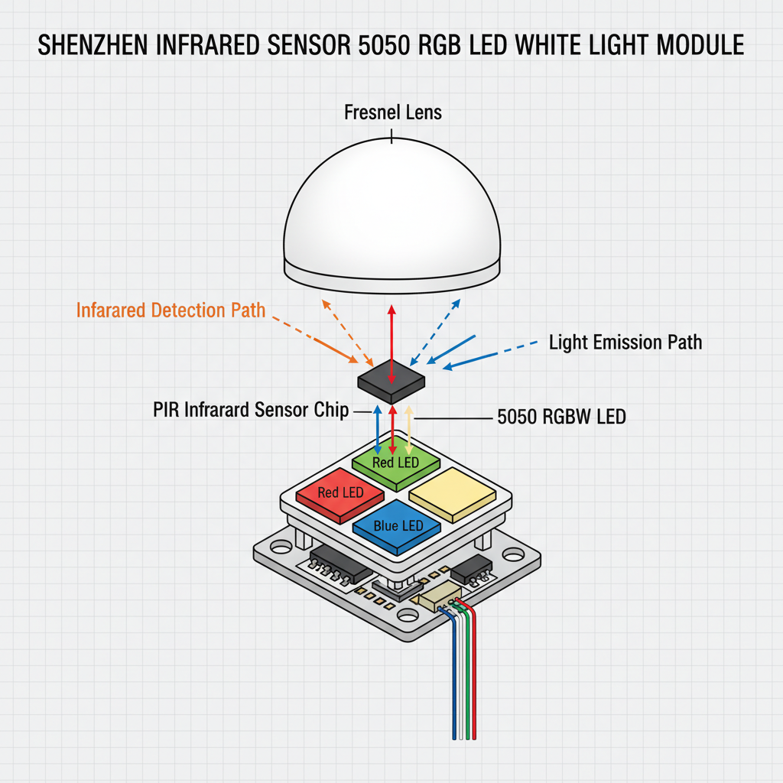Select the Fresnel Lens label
pyautogui.click(x=393, y=113)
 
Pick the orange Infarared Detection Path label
pyautogui.click(x=171, y=310)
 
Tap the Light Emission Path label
pyautogui.click(x=625, y=342)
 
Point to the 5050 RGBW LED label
pyautogui.click(x=561, y=418)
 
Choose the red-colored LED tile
pyautogui.click(x=340, y=494)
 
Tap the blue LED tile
pyautogui.click(x=398, y=527)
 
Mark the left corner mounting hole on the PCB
pyautogui.click(x=281, y=548)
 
